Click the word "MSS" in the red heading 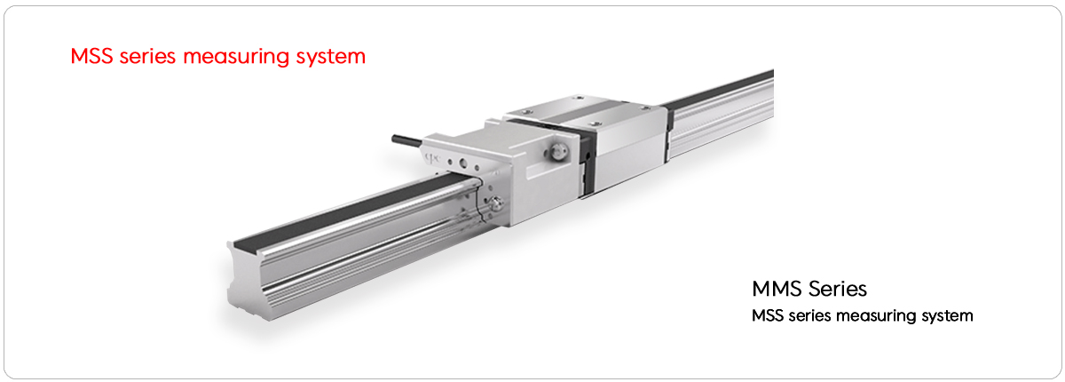click(x=91, y=56)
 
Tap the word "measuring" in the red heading click(x=236, y=57)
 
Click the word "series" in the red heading click(x=148, y=57)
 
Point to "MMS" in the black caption click(x=777, y=289)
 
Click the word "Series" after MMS click(x=838, y=289)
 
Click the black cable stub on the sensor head click(x=407, y=139)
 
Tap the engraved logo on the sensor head click(x=431, y=157)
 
